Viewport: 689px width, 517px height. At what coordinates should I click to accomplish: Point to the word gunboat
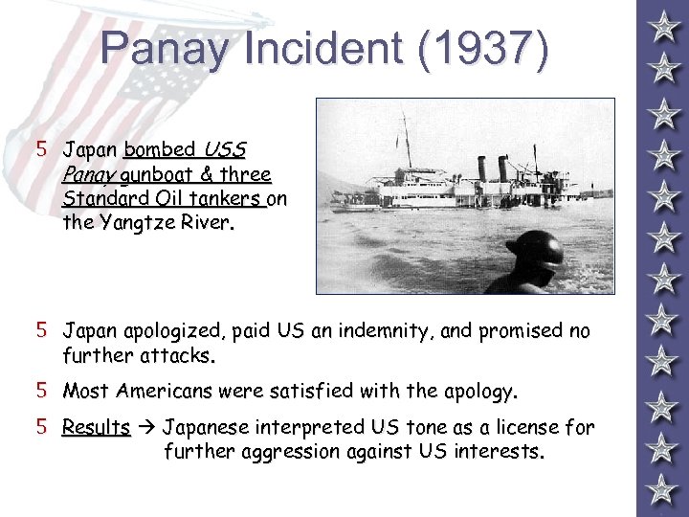[x=157, y=175]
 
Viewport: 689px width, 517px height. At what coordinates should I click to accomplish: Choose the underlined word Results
[x=96, y=427]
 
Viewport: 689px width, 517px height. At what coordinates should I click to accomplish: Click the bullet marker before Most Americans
[x=41, y=391]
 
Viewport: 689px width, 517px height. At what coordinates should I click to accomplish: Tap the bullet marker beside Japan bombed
[x=41, y=149]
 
